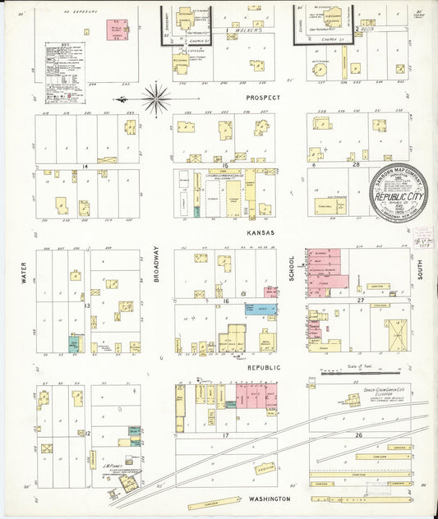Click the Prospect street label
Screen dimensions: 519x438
coord(262,97)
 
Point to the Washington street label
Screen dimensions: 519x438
coord(270,498)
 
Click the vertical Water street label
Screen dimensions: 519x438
coord(24,273)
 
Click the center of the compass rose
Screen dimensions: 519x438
coord(154,99)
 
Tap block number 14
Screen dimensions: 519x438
coord(85,166)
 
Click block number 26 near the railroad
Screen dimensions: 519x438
coord(357,434)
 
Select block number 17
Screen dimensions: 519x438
coord(224,436)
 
